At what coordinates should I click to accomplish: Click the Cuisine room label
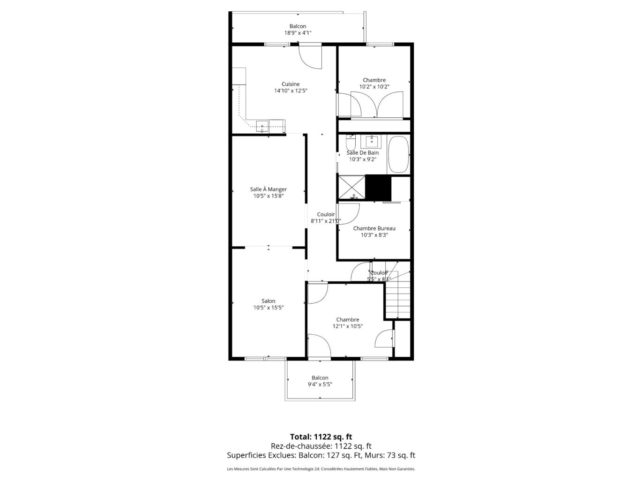pos(291,84)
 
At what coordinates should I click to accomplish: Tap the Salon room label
pos(269,301)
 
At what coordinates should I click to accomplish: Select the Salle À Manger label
pos(268,189)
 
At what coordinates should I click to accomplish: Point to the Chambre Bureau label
pos(374,228)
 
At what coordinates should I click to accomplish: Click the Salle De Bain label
pos(363,153)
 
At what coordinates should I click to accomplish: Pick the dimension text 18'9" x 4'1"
pos(298,33)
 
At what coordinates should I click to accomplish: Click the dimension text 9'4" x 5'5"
pos(320,384)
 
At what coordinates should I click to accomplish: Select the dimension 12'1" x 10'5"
pos(348,326)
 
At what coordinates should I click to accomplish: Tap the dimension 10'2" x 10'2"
pos(374,87)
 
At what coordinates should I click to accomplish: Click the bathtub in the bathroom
pos(398,155)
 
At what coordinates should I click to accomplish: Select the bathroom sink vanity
pos(373,140)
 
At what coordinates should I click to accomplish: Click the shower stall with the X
pos(351,188)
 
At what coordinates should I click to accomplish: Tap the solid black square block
pos(378,188)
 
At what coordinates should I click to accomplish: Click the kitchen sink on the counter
pos(262,125)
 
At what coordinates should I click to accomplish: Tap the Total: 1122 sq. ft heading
pos(321,437)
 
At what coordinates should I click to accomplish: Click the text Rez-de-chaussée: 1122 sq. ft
pos(321,446)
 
